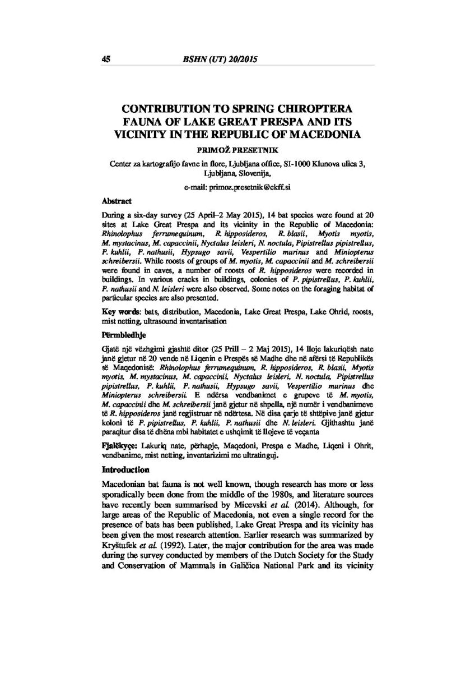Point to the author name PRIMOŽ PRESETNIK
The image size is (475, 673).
pyautogui.click(x=237, y=150)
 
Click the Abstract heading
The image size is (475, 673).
pyautogui.click(x=117, y=200)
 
